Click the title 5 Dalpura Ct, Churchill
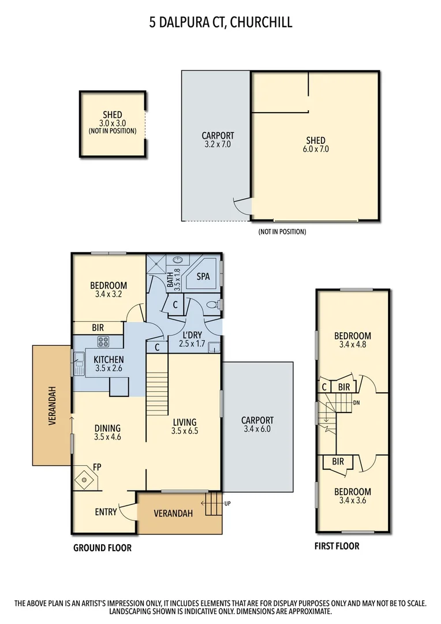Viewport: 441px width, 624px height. point(220,23)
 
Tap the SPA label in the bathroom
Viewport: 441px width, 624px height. point(203,277)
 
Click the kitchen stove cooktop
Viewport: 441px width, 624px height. point(103,341)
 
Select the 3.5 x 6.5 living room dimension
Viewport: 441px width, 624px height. point(185,431)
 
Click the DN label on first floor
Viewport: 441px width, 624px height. point(357,402)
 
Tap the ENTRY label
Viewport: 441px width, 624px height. point(106,512)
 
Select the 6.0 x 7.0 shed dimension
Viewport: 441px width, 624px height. point(316,149)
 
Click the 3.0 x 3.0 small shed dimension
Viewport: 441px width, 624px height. point(112,123)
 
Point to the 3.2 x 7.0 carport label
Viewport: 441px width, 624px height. point(217,144)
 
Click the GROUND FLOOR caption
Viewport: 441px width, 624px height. point(102,548)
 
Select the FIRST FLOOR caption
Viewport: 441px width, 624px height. point(337,546)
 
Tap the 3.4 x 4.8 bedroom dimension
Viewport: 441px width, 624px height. point(353,345)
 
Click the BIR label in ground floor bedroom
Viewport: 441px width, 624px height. point(98,327)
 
